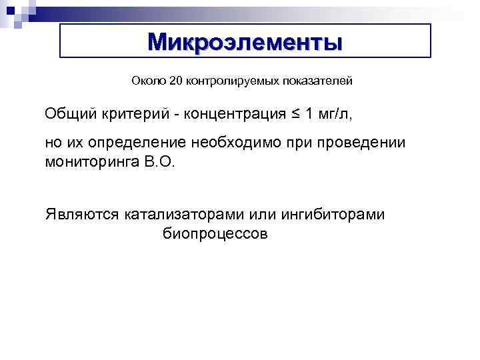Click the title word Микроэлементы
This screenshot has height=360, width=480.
point(245,41)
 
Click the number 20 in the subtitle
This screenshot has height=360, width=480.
point(175,81)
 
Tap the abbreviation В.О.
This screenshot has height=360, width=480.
point(158,162)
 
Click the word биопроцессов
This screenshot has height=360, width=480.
point(215,234)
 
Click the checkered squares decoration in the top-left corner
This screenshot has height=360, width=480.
point(15,12)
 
